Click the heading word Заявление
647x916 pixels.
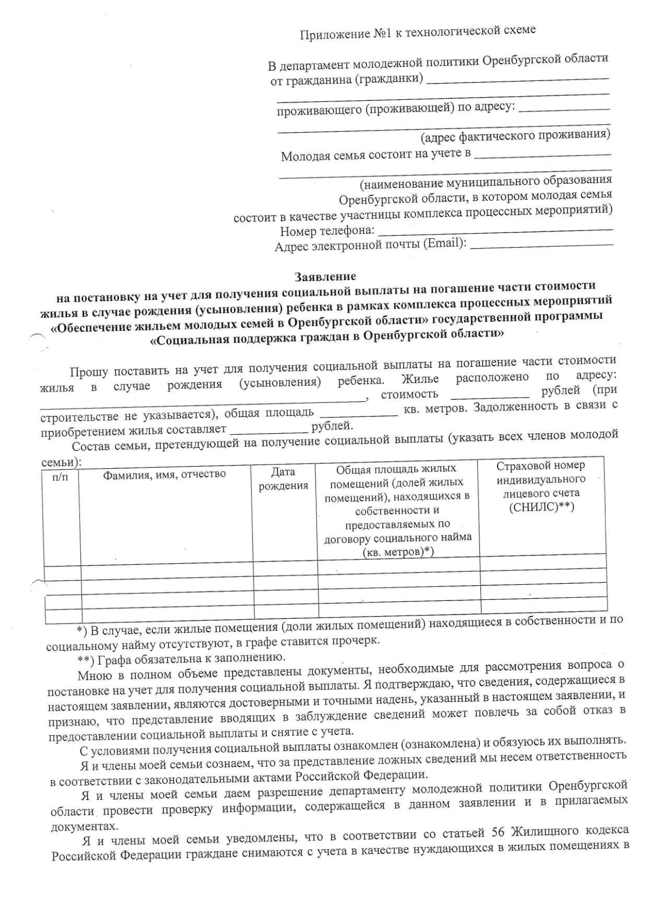tap(325, 277)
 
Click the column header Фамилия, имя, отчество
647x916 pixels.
tap(164, 474)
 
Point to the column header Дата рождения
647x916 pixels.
tap(283, 479)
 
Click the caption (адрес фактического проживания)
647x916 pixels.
tap(515, 135)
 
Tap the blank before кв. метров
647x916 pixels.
tap(359, 414)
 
